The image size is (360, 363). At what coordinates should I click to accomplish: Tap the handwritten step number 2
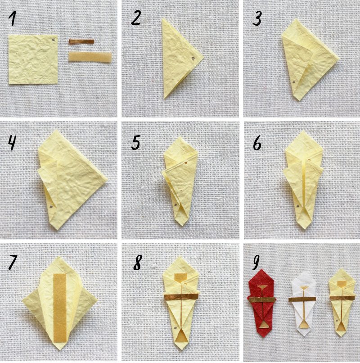(x=135, y=18)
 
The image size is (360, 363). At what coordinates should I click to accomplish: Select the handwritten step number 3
(x=257, y=19)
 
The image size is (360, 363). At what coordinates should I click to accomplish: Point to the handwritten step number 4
(x=12, y=143)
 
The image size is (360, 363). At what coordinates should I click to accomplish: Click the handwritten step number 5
(x=135, y=143)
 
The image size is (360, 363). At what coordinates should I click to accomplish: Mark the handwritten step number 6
(x=257, y=144)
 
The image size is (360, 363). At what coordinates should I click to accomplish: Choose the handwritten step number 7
(x=13, y=263)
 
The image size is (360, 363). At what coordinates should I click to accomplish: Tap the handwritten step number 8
(x=137, y=263)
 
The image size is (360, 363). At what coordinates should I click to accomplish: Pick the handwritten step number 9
(x=256, y=263)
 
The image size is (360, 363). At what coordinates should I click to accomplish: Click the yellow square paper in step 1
(x=33, y=59)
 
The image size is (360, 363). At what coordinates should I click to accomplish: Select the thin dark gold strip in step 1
(x=81, y=42)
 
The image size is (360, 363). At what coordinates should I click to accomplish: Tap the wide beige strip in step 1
(x=90, y=57)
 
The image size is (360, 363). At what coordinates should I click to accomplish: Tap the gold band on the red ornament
(x=262, y=300)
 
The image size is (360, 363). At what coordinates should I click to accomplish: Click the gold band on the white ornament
(x=302, y=299)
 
